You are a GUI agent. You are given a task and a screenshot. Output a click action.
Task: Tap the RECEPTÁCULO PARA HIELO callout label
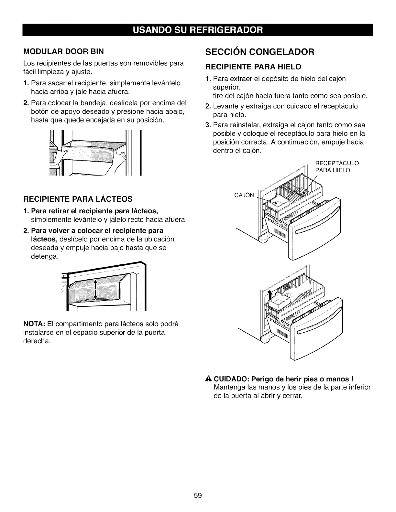point(337,166)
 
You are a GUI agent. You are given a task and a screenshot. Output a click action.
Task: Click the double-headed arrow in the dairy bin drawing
point(95,290)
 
